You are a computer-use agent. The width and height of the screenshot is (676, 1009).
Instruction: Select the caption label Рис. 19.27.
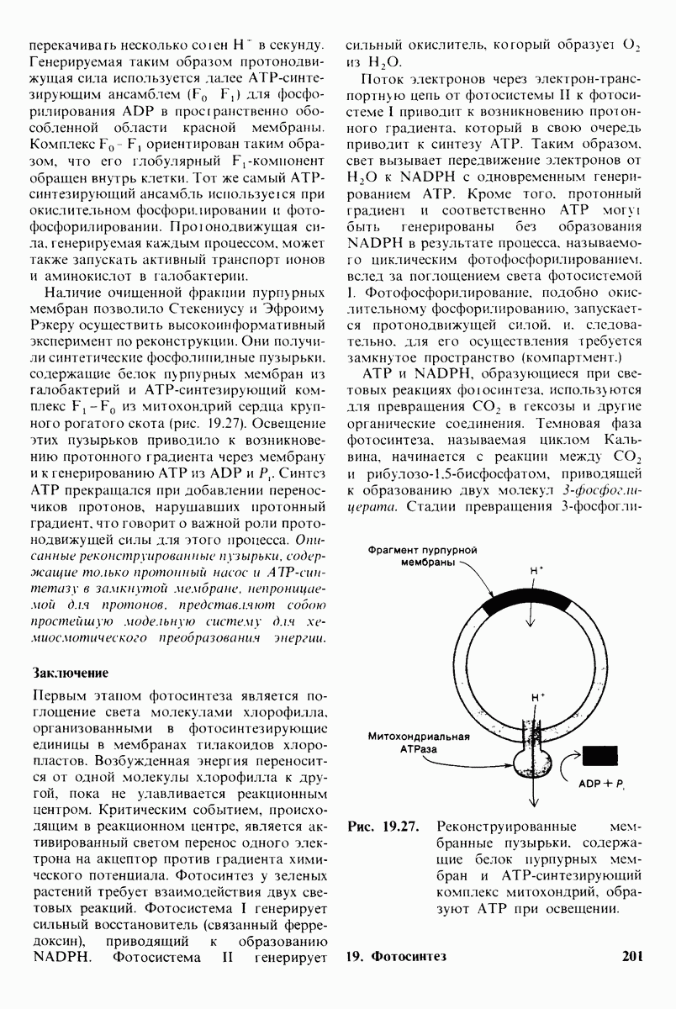[383, 824]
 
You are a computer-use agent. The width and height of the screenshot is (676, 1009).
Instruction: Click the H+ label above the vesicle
[536, 570]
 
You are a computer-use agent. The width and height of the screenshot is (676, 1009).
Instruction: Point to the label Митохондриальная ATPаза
[417, 742]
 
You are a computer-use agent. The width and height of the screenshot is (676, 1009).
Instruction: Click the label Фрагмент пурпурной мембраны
[424, 556]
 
